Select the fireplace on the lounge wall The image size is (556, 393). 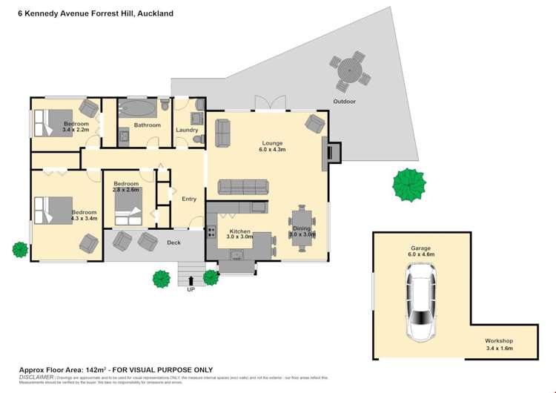333,151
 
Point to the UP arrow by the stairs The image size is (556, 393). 192,280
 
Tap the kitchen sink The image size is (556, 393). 238,255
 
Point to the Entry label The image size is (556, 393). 189,199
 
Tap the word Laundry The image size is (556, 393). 186,131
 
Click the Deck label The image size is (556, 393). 173,242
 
